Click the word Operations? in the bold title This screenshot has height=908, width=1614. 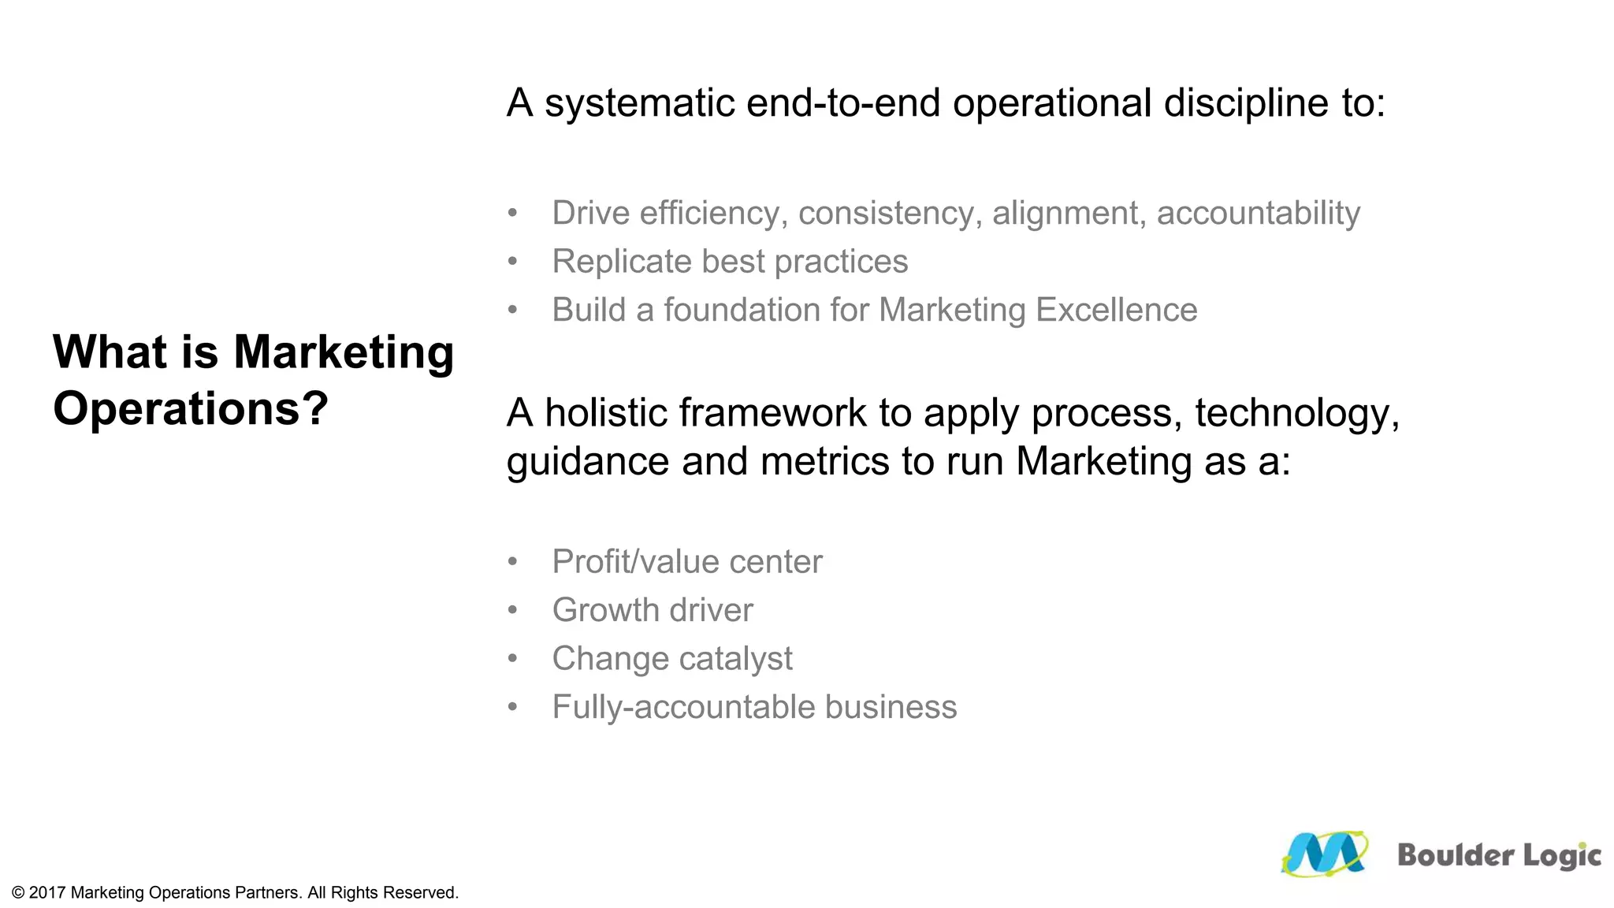click(190, 408)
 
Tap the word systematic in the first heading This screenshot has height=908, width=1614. click(639, 103)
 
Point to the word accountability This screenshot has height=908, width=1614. click(1258, 214)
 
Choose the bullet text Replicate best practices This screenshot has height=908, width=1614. click(730, 262)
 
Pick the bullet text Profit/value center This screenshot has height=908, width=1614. click(686, 562)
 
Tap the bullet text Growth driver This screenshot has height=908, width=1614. click(653, 610)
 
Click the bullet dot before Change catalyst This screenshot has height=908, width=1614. click(513, 658)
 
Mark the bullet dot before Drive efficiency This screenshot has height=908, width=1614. click(513, 213)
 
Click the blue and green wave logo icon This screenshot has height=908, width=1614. click(1324, 854)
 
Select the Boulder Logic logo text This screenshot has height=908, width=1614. click(1499, 856)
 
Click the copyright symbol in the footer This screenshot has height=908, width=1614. click(18, 893)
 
